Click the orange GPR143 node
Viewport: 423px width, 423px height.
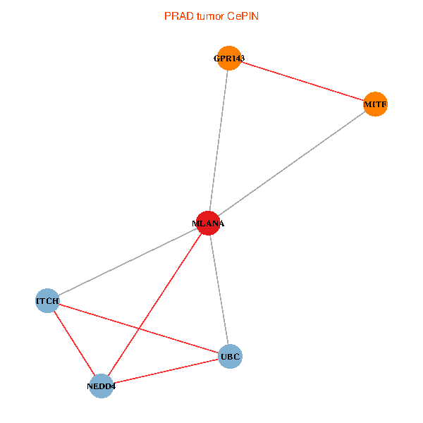coord(229,59)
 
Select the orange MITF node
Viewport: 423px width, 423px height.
coord(375,104)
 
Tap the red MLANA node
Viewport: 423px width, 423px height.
coord(208,223)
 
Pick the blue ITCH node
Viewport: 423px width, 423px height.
coord(47,300)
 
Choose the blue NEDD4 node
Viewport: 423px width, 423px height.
coord(101,386)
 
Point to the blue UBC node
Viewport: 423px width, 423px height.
coord(230,356)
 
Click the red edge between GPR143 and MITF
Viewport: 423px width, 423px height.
coord(302,81)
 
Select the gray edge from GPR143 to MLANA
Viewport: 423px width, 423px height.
coord(219,141)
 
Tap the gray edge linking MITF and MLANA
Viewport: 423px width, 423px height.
coord(292,164)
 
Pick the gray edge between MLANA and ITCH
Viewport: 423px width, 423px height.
coord(128,262)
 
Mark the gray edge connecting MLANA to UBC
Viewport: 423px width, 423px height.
coord(219,290)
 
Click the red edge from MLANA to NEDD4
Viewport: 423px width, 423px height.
coord(154,305)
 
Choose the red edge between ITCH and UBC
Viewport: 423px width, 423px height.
coord(139,329)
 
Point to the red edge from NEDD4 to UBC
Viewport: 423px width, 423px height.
coord(166,372)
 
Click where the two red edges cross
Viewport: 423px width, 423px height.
coord(139,329)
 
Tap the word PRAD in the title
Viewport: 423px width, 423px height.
coord(179,16)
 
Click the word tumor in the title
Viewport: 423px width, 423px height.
coord(210,16)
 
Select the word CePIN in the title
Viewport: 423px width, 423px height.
coord(243,16)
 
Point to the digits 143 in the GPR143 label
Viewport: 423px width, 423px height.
coord(238,59)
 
